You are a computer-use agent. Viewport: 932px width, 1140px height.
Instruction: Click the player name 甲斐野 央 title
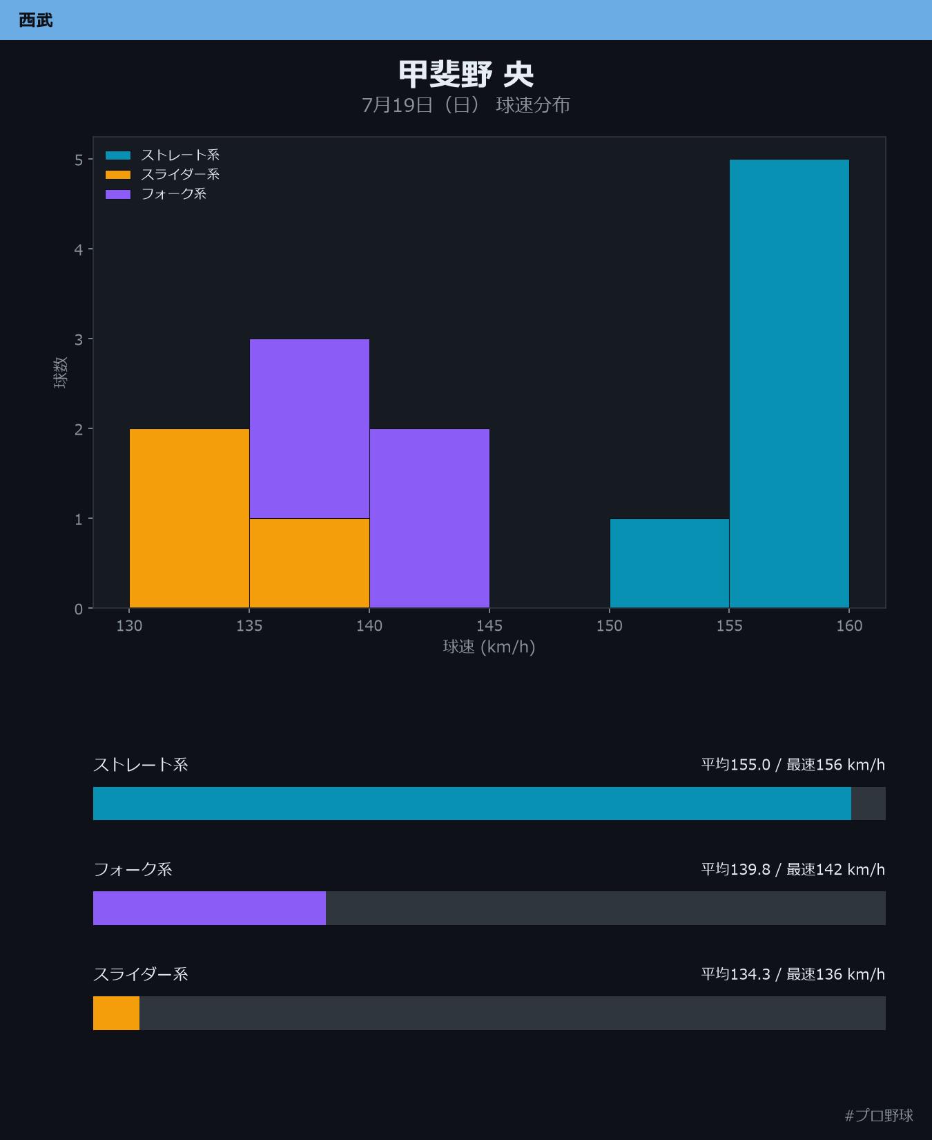pos(466,74)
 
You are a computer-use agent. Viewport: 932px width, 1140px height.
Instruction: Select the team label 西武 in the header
pos(36,20)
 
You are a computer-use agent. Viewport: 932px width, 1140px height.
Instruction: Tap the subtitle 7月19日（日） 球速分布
pos(466,105)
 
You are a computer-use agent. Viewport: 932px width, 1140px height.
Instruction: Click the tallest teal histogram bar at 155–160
pos(789,383)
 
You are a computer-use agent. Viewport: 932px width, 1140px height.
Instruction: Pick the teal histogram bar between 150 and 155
pos(670,563)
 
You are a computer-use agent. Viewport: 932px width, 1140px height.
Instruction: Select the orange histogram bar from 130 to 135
pos(189,518)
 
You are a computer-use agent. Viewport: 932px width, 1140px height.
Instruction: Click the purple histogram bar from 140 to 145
pos(429,518)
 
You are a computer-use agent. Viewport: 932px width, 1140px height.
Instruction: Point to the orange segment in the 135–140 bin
pos(309,563)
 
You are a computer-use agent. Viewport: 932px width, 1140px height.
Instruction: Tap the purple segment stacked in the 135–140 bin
pos(309,428)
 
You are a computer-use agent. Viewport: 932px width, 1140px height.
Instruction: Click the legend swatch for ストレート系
pos(118,155)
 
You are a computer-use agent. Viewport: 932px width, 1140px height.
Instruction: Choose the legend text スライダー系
pos(180,175)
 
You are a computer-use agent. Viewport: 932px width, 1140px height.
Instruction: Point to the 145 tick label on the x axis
pos(489,625)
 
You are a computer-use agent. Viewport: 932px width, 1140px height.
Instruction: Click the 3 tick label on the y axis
pos(79,339)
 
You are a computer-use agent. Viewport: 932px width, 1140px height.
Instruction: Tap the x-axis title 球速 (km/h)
pos(489,647)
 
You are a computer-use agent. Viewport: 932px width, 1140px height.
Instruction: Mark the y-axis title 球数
pos(61,372)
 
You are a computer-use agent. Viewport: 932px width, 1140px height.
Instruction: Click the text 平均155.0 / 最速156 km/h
pos(793,765)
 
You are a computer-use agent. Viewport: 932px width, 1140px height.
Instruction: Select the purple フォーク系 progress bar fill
pos(209,908)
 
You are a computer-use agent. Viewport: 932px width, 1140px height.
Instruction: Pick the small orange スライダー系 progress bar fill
pos(116,1013)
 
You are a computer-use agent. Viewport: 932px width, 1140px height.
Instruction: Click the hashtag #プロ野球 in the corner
pos(879,1115)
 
